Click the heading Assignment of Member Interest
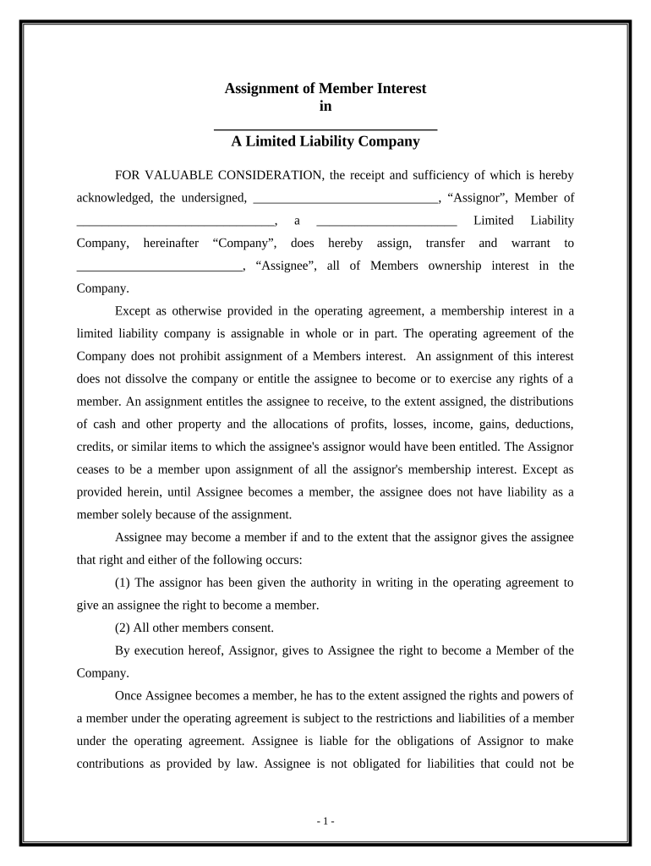pos(325,88)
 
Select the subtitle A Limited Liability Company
pos(325,141)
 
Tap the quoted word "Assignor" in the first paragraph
pos(470,198)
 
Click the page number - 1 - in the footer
pos(325,821)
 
